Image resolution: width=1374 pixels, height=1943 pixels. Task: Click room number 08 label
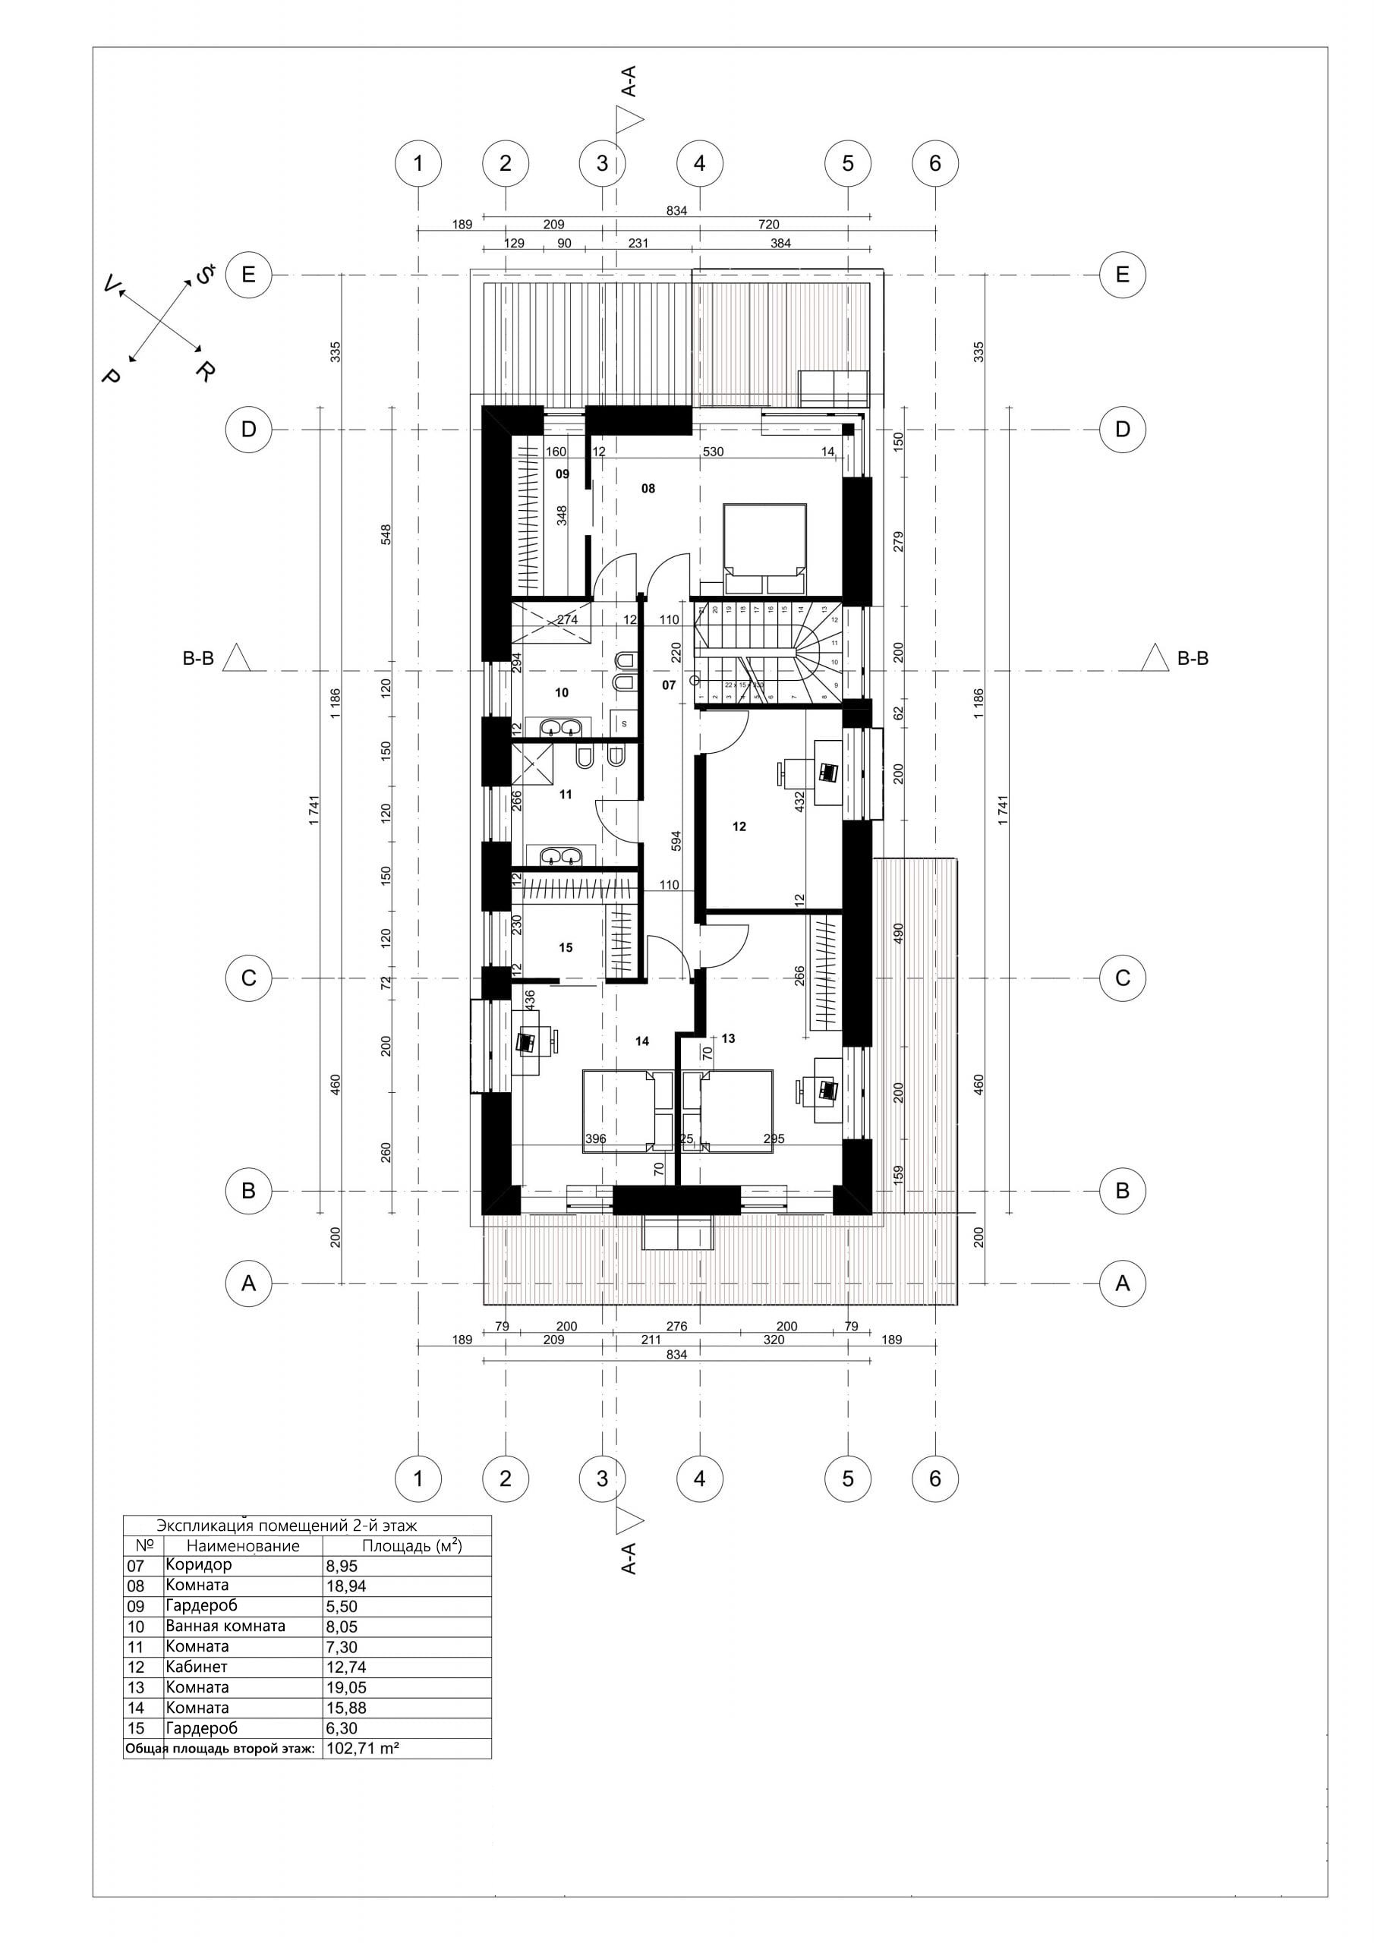point(648,488)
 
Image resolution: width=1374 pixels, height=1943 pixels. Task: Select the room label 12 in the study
point(739,826)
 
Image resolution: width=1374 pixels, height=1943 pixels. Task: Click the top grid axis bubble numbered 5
point(848,163)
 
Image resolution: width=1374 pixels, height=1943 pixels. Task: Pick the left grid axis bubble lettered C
point(248,978)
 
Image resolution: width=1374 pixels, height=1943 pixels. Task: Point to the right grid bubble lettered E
point(1123,275)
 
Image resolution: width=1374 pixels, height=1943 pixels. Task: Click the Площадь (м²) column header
point(412,1546)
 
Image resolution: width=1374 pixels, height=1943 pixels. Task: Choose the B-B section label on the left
point(199,658)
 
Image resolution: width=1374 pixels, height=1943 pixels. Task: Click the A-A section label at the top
point(628,83)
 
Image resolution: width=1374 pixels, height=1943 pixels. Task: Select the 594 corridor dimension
point(676,840)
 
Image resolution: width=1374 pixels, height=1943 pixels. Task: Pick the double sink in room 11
point(560,855)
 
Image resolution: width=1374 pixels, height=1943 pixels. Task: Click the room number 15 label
point(566,948)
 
